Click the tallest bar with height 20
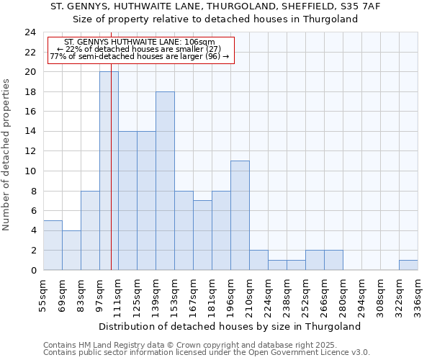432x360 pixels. [109, 171]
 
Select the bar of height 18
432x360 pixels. [165, 181]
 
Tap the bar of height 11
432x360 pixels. [240, 215]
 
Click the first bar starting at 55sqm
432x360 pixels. [53, 245]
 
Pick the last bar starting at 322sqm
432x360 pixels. [408, 265]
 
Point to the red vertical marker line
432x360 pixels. [112, 180]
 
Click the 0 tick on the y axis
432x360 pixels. [33, 270]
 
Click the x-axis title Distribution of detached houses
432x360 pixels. [230, 326]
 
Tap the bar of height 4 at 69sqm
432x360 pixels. [71, 250]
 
